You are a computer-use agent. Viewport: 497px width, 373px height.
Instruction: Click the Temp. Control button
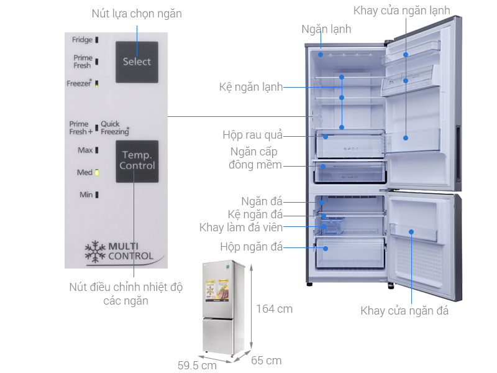point(137,160)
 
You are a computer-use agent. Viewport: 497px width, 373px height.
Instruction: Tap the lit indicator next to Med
point(98,172)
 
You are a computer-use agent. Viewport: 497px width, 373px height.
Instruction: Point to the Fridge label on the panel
point(82,40)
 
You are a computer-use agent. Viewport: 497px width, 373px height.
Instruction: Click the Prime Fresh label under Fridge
point(82,62)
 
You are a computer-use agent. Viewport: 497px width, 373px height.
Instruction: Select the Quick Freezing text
point(116,127)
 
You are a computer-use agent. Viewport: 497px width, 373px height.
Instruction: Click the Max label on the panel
point(85,150)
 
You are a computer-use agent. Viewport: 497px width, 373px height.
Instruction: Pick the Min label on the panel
point(86,195)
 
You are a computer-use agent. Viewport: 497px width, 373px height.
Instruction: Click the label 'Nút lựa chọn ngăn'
point(137,13)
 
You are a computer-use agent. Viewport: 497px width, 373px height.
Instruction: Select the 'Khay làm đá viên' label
point(241,228)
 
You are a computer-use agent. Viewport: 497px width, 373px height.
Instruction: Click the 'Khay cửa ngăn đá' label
point(404,311)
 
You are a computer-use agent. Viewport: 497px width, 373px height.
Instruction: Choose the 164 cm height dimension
point(274,309)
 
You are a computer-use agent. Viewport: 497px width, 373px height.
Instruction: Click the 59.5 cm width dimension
point(197,366)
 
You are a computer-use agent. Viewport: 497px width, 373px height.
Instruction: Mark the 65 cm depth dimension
point(265,361)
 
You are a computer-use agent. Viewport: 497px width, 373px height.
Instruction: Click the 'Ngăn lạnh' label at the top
point(326,29)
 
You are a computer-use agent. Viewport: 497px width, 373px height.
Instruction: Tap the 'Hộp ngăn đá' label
point(252,247)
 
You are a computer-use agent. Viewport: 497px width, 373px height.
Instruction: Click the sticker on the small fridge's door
point(215,293)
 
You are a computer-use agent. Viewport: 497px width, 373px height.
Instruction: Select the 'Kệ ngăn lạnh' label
point(251,87)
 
